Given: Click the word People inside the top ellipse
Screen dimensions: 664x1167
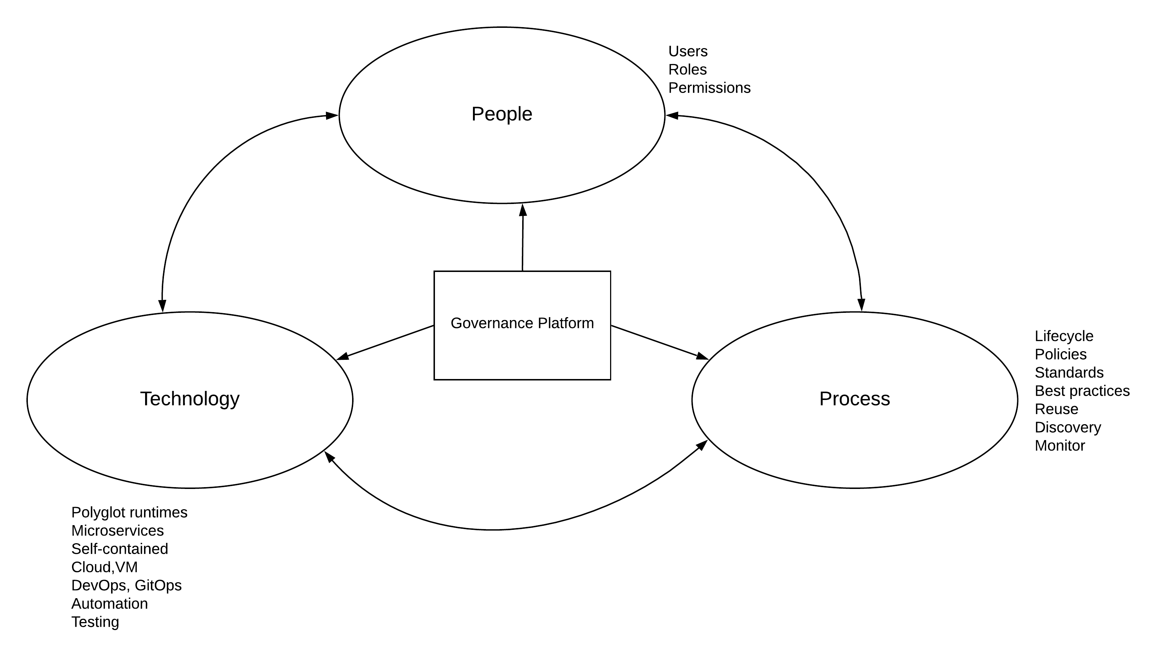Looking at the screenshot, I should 502,114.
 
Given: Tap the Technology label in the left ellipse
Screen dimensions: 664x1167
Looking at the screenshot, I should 189,399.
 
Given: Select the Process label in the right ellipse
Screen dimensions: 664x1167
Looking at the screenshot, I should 854,399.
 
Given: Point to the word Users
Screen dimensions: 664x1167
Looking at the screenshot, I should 688,51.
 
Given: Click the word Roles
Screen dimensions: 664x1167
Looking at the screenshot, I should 687,70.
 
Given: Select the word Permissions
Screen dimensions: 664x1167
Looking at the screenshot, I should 709,88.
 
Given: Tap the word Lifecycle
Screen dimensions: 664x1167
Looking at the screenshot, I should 1064,336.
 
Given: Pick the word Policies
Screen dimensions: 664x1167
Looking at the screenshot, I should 1060,354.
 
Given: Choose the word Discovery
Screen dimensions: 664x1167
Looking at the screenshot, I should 1067,427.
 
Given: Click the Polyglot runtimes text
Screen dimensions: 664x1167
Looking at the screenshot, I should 129,512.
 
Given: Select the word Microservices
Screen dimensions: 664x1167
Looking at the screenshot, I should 117,531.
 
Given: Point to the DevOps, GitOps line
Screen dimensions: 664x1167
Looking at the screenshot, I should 126,586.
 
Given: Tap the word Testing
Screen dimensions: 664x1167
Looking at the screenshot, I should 95,622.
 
